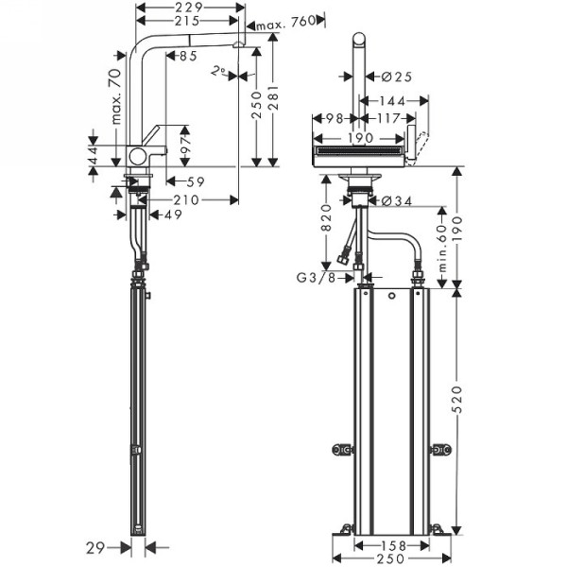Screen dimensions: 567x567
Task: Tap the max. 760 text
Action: coord(283,22)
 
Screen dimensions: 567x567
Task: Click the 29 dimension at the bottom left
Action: coord(92,545)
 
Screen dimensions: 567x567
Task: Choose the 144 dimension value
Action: coord(394,101)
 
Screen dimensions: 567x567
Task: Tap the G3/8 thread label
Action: coord(317,278)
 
